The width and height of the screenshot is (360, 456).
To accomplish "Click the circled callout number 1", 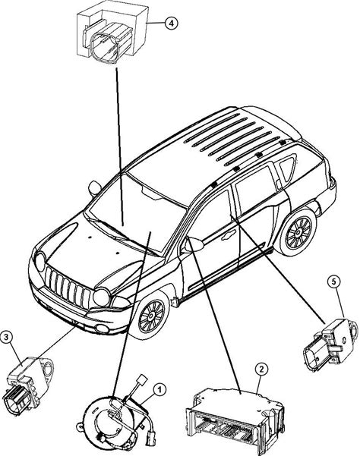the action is point(159,390).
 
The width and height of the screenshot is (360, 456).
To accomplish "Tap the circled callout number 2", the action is point(261,370).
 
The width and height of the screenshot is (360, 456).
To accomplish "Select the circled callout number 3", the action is point(6,338).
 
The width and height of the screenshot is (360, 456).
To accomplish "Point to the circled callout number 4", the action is point(172,23).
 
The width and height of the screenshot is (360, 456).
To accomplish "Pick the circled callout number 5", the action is point(333,281).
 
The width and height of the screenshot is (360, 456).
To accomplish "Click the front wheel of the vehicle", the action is point(151,315).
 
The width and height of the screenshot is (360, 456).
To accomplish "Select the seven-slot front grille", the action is point(68,288).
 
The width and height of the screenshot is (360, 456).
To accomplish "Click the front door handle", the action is point(228,235).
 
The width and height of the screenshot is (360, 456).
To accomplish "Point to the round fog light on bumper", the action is point(102,329).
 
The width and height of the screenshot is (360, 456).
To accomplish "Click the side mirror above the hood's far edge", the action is point(95,188).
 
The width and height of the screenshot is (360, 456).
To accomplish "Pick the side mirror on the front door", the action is point(193,245).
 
